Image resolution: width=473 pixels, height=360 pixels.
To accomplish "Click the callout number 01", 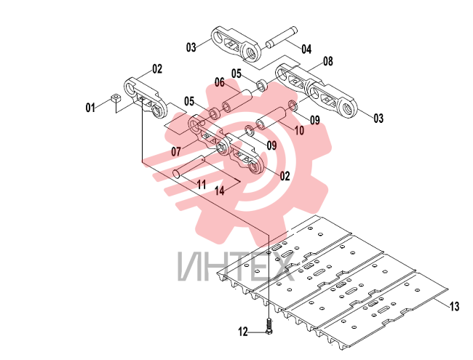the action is (90, 108).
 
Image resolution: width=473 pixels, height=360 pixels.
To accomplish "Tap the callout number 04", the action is (306, 49).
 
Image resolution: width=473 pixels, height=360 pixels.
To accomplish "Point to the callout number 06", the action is (220, 82).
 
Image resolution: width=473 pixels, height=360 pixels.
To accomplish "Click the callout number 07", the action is (176, 151).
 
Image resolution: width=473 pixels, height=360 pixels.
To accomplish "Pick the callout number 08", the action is (328, 61).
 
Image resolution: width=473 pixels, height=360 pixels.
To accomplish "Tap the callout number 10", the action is (299, 131).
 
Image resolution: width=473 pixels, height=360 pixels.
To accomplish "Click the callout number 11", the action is (201, 184).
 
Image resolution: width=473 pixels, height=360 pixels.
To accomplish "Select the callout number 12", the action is (243, 332).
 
